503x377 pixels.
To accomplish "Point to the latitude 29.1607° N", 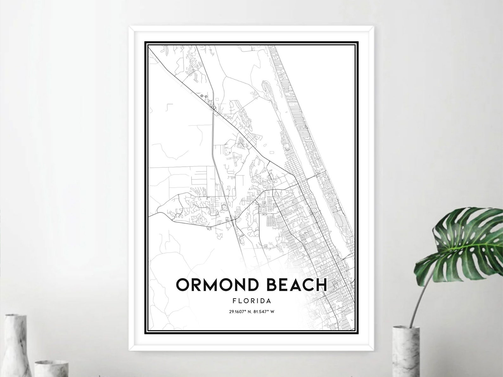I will point(239,311).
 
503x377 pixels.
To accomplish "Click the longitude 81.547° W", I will point(264,311).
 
